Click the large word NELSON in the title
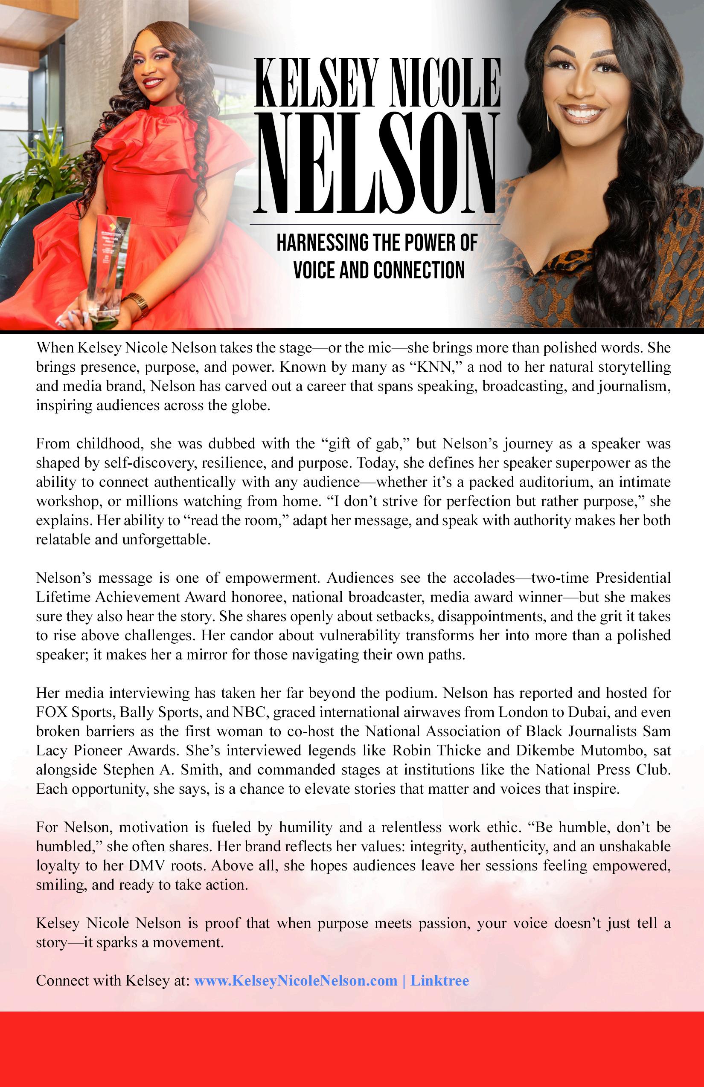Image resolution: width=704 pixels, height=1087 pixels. coord(378,162)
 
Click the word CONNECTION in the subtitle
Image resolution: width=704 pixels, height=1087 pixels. coord(419,270)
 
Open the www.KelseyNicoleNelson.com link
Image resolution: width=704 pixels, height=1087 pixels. coord(296,980)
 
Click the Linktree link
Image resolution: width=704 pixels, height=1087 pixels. coord(439,980)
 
